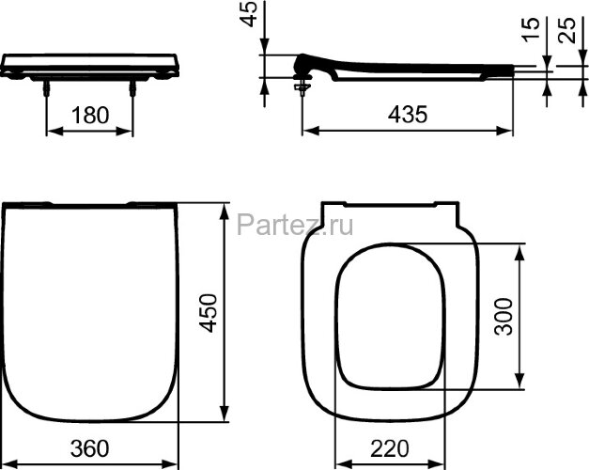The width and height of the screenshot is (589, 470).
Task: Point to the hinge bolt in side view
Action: (301, 88)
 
